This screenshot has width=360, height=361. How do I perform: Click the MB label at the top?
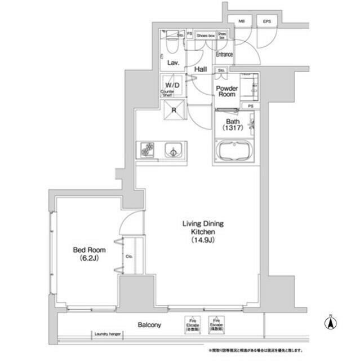click(242, 21)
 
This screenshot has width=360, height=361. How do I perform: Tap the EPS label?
click(266, 21)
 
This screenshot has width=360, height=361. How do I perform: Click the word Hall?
click(199, 69)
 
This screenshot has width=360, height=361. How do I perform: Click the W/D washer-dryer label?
click(172, 85)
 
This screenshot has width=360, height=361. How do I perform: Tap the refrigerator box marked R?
click(174, 111)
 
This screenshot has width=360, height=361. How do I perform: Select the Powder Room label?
click(228, 92)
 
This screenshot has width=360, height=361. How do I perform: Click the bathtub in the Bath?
click(233, 152)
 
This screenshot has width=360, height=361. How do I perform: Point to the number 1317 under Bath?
click(233, 129)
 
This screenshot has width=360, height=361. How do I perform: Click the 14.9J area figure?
click(202, 241)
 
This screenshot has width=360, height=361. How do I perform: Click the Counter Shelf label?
click(167, 94)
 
